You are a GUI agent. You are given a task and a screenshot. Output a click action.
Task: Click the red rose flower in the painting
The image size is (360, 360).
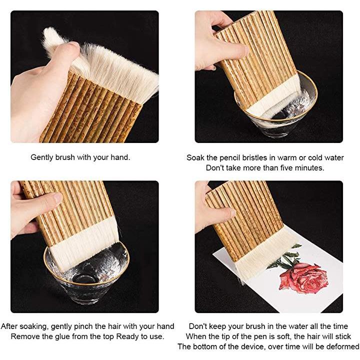point(303,278)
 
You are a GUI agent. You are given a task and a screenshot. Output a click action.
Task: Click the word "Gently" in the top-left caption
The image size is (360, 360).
point(42,157)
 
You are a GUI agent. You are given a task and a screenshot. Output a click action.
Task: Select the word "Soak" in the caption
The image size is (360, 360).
point(195,157)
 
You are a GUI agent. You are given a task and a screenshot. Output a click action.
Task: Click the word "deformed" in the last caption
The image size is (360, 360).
point(343,346)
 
